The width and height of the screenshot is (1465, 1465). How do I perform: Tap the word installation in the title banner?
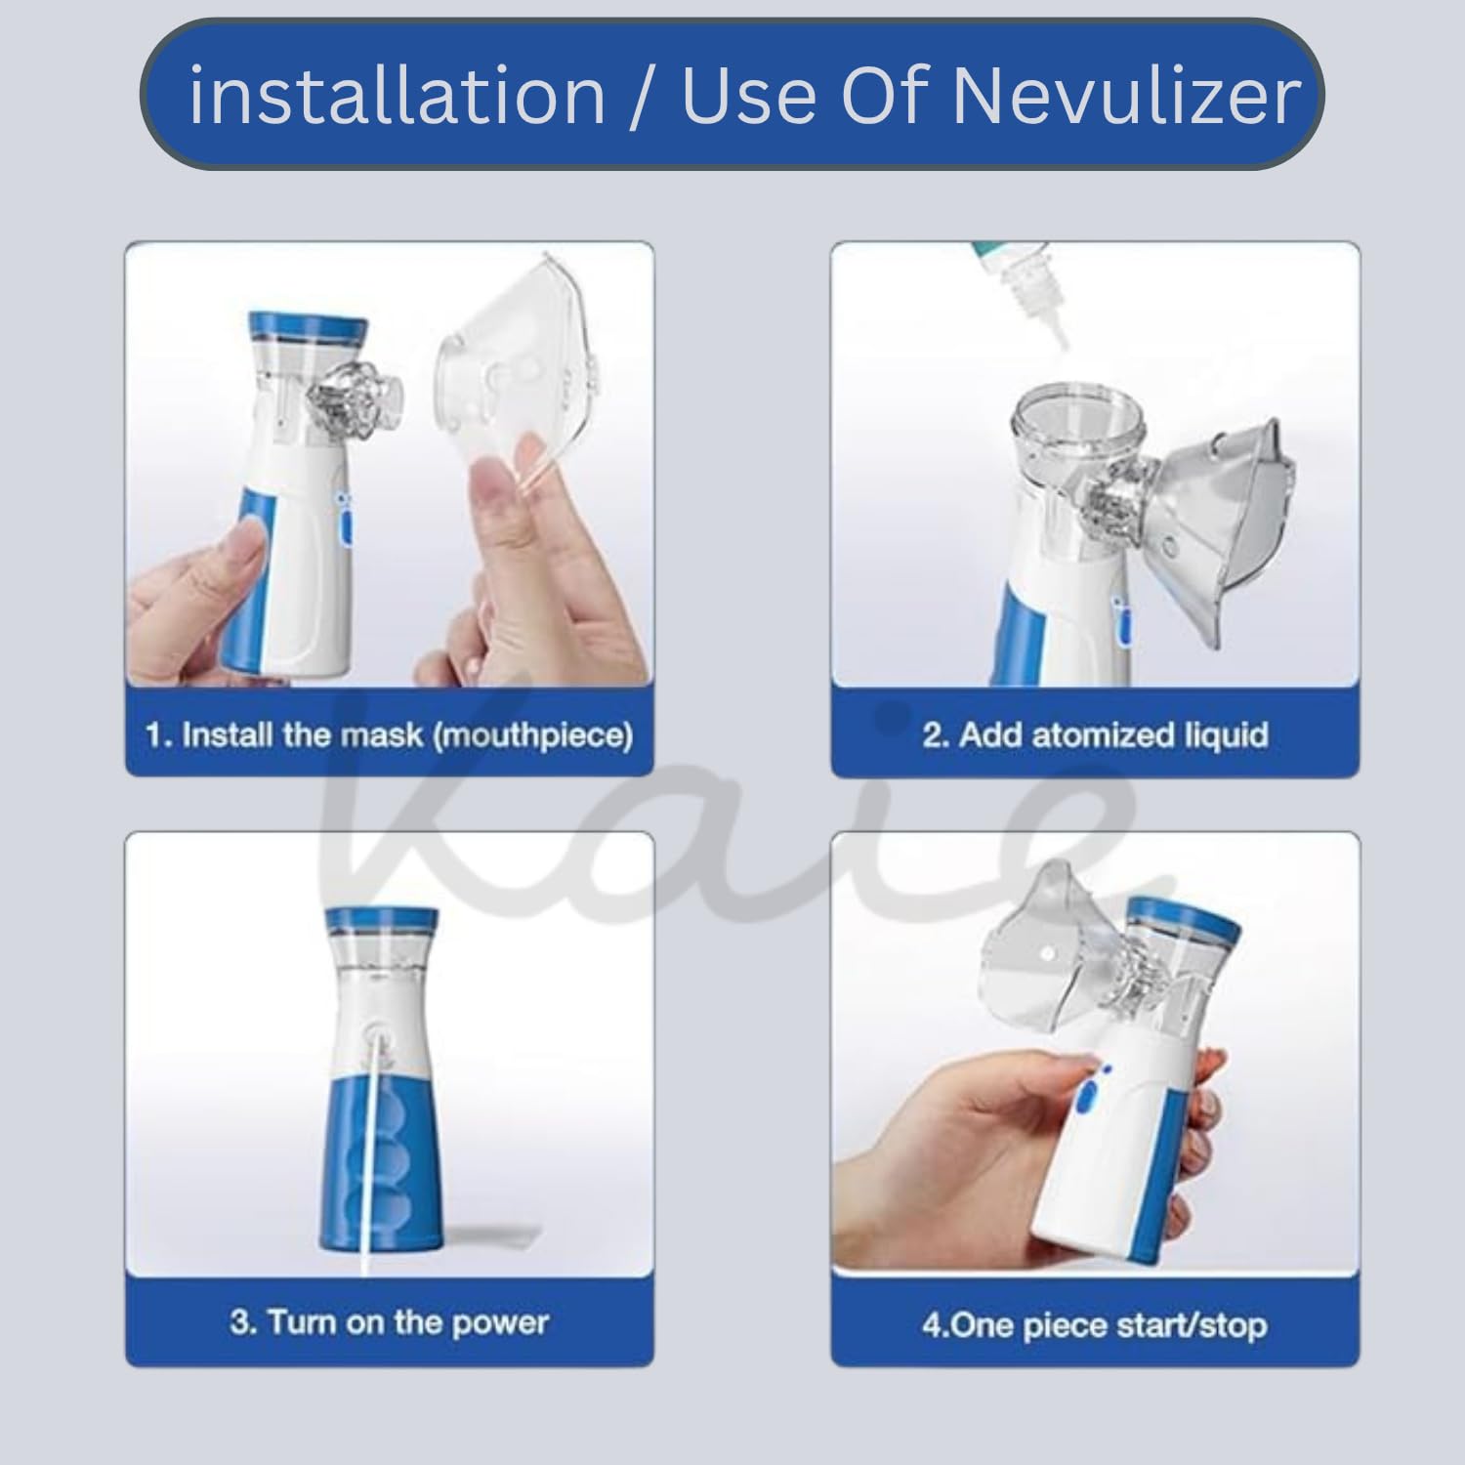tap(397, 96)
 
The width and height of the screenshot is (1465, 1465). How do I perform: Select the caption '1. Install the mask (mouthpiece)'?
tap(389, 734)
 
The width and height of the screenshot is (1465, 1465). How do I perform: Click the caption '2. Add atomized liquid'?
tap(1095, 734)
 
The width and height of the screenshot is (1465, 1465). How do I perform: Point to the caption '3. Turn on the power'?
tap(389, 1322)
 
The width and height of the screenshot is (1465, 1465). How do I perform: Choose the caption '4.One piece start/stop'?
tap(1095, 1325)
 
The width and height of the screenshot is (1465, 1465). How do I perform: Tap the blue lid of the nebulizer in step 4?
tap(1186, 918)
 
